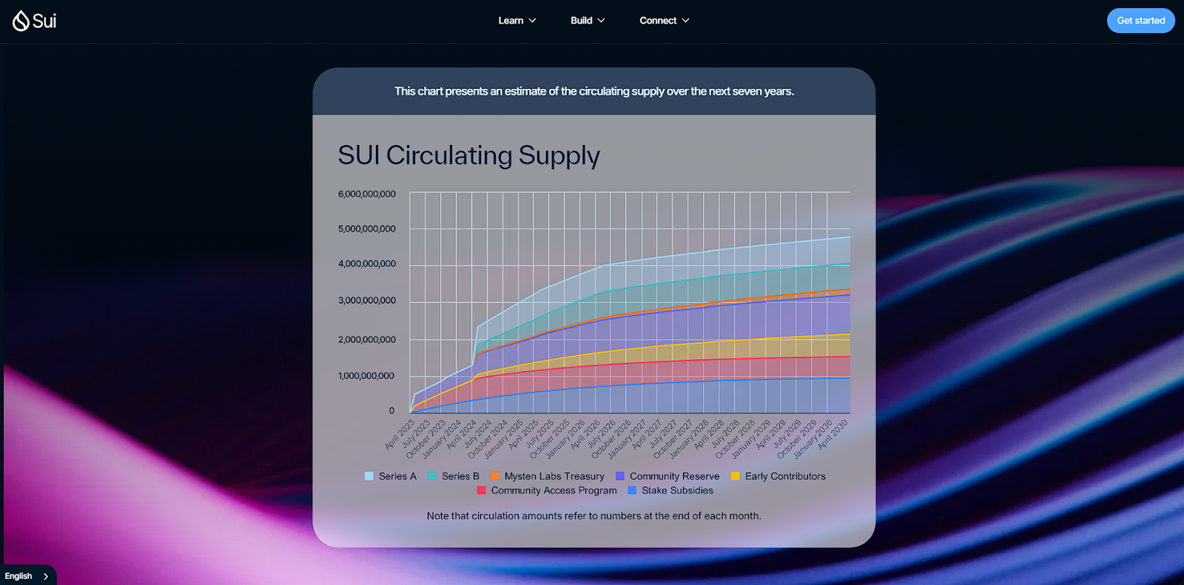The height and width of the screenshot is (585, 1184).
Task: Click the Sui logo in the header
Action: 34,21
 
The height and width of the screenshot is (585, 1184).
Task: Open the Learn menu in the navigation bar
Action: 517,21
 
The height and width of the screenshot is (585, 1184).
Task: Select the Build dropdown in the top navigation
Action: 588,21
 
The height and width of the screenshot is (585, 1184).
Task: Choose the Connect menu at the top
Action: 664,21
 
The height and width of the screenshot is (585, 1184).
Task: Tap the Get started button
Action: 1140,21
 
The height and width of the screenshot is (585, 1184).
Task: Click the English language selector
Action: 26,576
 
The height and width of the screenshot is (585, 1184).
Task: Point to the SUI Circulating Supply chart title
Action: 468,155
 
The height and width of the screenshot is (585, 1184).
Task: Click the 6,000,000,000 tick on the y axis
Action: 367,194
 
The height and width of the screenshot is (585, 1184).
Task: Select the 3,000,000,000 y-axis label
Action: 367,300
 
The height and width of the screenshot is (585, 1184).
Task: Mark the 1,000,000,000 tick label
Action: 367,376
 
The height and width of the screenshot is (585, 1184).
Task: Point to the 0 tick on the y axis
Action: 392,410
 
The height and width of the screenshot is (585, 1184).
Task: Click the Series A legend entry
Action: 391,476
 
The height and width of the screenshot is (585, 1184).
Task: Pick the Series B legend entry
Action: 454,476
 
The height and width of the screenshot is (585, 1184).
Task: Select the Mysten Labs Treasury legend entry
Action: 548,476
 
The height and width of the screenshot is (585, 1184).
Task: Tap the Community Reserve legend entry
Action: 667,476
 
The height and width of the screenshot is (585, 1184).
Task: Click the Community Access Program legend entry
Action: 547,490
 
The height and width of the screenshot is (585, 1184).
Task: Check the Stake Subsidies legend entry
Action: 670,490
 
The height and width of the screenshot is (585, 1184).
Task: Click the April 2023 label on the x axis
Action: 400,435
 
